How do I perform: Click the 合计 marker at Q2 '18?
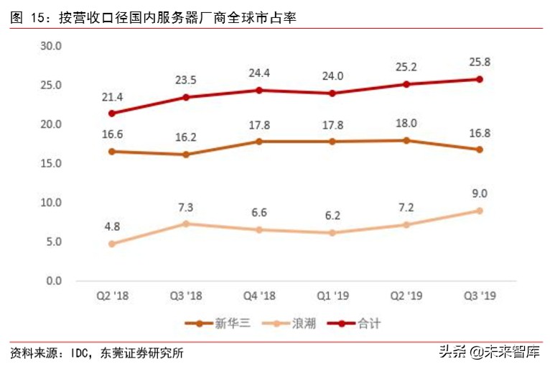pyautogui.click(x=113, y=113)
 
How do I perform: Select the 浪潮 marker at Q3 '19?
pyautogui.click(x=480, y=211)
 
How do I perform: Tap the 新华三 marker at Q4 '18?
pyautogui.click(x=259, y=142)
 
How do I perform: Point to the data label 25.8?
pyautogui.click(x=480, y=62)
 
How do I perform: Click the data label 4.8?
pyautogui.click(x=113, y=226)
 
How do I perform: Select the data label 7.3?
pyautogui.click(x=186, y=206)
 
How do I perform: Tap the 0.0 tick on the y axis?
pyautogui.click(x=55, y=281)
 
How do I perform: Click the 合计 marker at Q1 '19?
pyautogui.click(x=332, y=93)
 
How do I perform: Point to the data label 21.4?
pyautogui.click(x=113, y=96)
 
